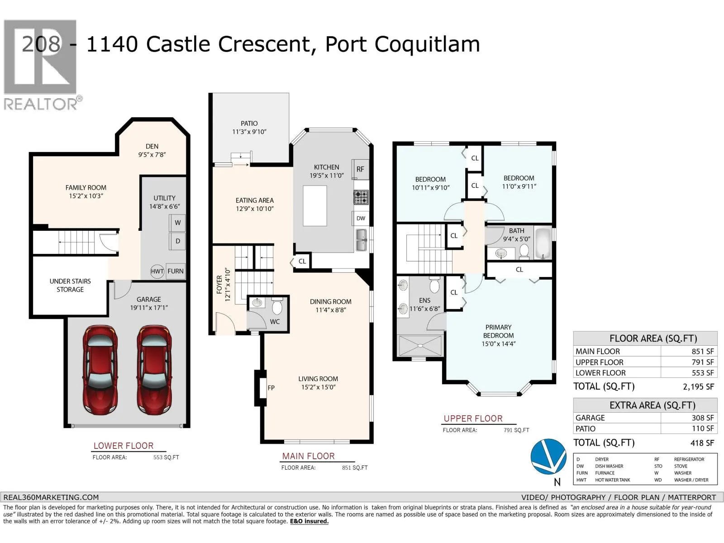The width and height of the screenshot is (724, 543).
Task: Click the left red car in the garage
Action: [x=100, y=370]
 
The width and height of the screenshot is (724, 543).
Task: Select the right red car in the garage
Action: [x=154, y=370]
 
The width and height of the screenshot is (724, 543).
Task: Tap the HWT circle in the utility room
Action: [x=157, y=271]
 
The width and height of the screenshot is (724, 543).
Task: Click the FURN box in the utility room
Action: [x=176, y=271]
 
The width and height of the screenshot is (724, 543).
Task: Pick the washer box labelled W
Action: [x=177, y=223]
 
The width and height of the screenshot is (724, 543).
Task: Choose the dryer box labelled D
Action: [x=177, y=241]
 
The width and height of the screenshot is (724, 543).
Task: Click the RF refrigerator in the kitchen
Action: [x=360, y=169]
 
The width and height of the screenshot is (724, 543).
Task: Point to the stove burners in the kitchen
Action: [x=361, y=197]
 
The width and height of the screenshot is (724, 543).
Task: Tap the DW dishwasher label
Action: [x=361, y=218]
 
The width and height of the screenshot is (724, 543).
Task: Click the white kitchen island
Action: [x=315, y=206]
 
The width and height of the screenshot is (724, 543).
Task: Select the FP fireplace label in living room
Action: [x=271, y=388]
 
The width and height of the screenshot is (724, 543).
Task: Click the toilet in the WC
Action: [x=277, y=306]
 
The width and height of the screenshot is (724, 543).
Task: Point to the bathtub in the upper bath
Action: [x=543, y=243]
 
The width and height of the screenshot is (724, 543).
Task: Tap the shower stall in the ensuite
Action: [x=420, y=346]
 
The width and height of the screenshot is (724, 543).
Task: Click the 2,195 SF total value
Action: [x=698, y=387]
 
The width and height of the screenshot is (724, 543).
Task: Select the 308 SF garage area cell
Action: [x=703, y=418]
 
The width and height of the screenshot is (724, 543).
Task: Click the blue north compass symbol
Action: [x=548, y=457]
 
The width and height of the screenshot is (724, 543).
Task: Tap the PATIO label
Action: [x=249, y=124]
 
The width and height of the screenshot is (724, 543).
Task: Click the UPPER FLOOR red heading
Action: [x=473, y=419]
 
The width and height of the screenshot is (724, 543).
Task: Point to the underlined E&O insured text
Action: [x=309, y=521]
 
